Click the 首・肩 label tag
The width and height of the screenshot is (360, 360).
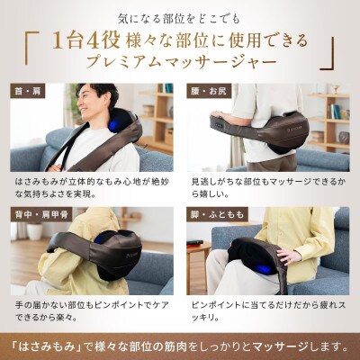click(x=26, y=92)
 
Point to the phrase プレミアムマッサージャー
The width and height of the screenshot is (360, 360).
click(x=179, y=64)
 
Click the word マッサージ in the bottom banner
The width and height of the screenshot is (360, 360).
click(x=270, y=343)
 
